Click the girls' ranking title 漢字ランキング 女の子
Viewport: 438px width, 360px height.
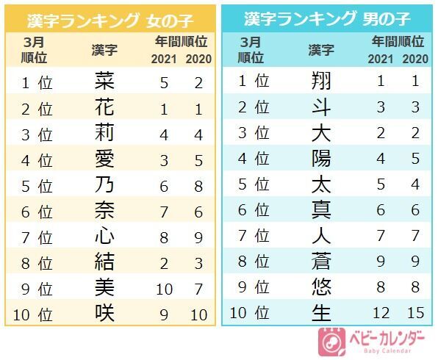coord(109,18)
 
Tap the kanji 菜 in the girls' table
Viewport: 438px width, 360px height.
coord(105,82)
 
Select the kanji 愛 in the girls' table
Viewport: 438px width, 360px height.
coord(105,158)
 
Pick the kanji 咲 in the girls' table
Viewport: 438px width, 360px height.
coord(105,312)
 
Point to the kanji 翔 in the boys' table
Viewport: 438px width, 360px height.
coord(321,82)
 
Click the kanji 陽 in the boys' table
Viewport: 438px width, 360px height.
coord(321,158)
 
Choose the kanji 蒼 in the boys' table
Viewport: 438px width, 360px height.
coord(321,261)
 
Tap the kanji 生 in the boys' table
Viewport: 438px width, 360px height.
coord(321,312)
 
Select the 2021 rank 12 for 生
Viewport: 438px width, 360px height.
coord(381,314)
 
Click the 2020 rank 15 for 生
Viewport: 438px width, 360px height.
coord(415,314)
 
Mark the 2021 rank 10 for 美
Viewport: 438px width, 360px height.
coord(165,287)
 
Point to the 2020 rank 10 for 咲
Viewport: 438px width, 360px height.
coord(198,314)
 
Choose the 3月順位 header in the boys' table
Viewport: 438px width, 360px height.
coord(251,49)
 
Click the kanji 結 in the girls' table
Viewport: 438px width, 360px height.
coord(105,261)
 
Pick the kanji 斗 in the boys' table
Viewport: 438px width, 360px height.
coord(321,108)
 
